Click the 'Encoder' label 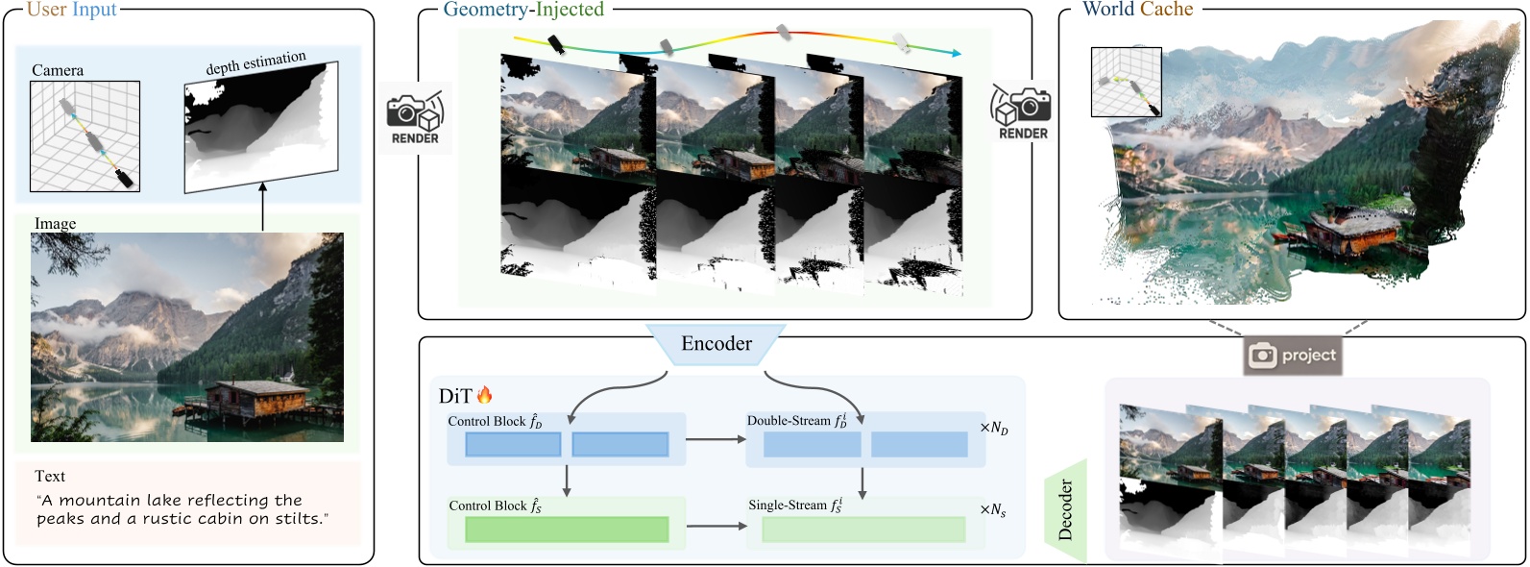pyautogui.click(x=716, y=344)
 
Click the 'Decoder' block pyautogui.click(x=1065, y=510)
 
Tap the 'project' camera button pyautogui.click(x=1292, y=356)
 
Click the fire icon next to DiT pyautogui.click(x=484, y=395)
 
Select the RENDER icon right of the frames pyautogui.click(x=1022, y=113)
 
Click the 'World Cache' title pyautogui.click(x=1137, y=10)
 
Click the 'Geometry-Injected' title pyautogui.click(x=523, y=10)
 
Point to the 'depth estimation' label pyautogui.click(x=255, y=63)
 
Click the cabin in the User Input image pyautogui.click(x=254, y=400)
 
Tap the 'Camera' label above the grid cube pyautogui.click(x=58, y=70)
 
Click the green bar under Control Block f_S pyautogui.click(x=567, y=530)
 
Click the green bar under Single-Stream pyautogui.click(x=863, y=530)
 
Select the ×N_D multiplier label pyautogui.click(x=994, y=428)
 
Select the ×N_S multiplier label pyautogui.click(x=993, y=510)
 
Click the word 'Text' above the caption pyautogui.click(x=50, y=477)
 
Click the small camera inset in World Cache pyautogui.click(x=1127, y=83)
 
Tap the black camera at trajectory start pyautogui.click(x=556, y=44)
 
